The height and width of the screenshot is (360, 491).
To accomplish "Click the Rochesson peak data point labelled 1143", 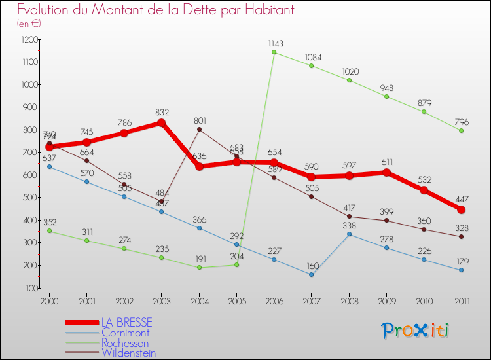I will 274,52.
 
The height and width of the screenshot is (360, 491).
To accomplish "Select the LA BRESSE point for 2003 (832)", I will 162,123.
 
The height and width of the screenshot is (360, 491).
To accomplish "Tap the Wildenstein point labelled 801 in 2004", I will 199,129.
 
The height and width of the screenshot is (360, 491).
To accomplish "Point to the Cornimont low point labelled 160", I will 312,274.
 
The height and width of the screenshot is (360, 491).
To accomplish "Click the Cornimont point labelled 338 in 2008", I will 349,234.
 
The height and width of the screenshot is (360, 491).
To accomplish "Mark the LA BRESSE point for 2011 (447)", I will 462,209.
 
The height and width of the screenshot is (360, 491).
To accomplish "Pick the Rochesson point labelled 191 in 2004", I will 199,268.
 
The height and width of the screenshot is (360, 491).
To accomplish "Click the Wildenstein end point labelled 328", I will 462,236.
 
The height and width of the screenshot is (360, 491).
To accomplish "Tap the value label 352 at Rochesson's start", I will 50,222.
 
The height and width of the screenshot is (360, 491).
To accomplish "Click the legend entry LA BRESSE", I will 126,323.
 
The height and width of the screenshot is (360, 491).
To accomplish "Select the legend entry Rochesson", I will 124,343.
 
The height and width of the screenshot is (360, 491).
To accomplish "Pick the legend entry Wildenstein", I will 128,353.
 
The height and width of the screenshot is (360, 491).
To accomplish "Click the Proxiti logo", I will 416,331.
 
